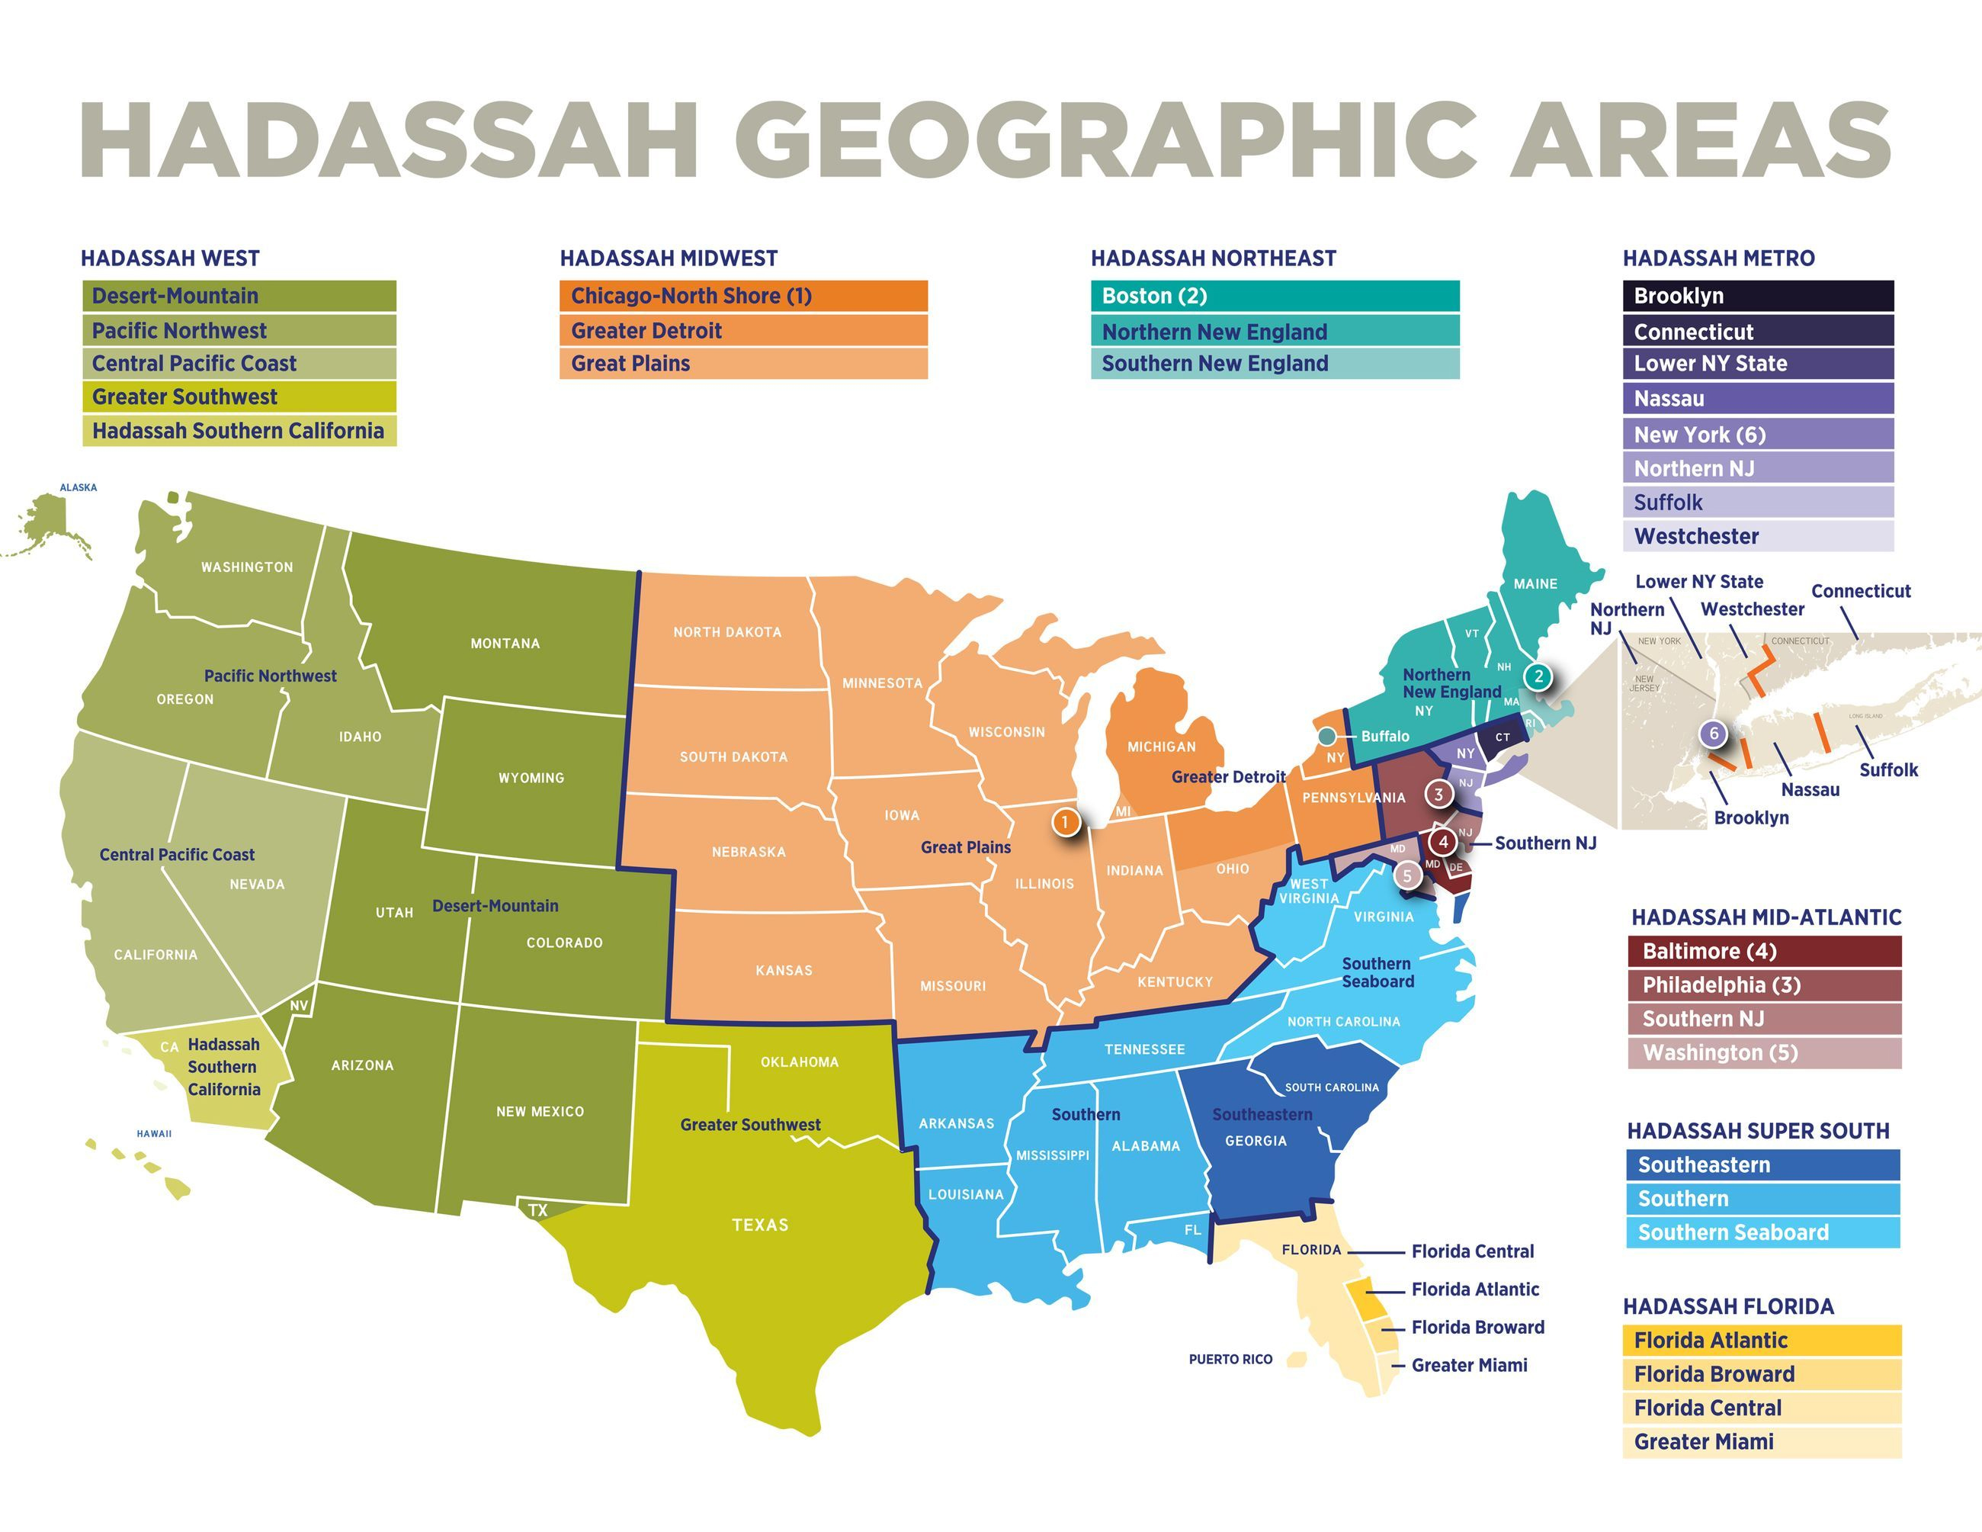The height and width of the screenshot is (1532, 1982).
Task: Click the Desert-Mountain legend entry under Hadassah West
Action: coord(239,296)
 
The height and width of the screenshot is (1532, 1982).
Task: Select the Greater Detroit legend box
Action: coord(742,330)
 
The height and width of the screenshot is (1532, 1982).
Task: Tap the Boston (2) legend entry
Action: coord(1274,296)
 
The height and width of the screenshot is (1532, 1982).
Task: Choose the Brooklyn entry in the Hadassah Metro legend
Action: coord(1757,296)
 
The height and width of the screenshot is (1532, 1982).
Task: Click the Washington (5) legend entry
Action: coord(1763,1053)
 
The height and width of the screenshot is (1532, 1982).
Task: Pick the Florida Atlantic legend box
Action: coord(1761,1341)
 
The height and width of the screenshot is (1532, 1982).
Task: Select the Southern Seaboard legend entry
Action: coord(1762,1232)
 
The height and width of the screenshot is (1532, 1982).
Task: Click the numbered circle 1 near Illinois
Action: coord(1066,822)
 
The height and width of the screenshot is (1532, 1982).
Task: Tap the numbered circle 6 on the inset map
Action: coord(1714,734)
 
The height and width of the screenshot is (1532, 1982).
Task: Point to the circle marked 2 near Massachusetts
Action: coord(1538,676)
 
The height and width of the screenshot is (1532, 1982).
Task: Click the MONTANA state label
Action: coord(505,644)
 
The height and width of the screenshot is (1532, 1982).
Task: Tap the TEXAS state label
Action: coord(759,1225)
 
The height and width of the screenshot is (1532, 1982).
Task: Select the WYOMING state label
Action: coord(531,778)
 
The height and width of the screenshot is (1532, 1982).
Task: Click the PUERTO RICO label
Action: coord(1230,1360)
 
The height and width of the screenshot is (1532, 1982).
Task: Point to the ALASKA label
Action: coord(78,487)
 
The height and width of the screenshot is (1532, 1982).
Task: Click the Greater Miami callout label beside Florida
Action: coord(1468,1365)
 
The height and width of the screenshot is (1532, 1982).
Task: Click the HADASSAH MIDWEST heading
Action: coord(668,259)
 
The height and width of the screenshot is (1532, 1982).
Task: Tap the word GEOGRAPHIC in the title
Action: coord(1104,140)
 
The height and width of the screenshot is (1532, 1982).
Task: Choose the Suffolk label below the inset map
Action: coord(1888,769)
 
